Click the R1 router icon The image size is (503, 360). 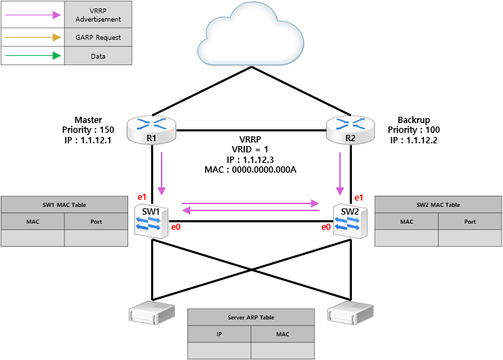pyautogui.click(x=151, y=130)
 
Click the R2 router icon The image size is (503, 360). pyautogui.click(x=350, y=130)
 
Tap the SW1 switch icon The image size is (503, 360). pyautogui.click(x=151, y=222)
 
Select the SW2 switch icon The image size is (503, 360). pyautogui.click(x=350, y=222)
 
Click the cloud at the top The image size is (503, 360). pyautogui.click(x=250, y=36)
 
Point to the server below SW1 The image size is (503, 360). pyautogui.click(x=152, y=312)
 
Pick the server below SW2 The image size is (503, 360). pyautogui.click(x=350, y=312)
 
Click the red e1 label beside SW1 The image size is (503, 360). pyautogui.click(x=142, y=197)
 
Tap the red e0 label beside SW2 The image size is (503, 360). pyautogui.click(x=326, y=227)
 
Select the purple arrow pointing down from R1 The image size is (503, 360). pyautogui.click(x=162, y=173)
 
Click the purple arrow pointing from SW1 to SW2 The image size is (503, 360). pyautogui.click(x=250, y=203)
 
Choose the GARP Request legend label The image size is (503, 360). pyautogui.click(x=98, y=38)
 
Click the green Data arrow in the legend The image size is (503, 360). pyautogui.click(x=33, y=56)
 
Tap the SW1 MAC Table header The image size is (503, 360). pyautogui.click(x=64, y=205)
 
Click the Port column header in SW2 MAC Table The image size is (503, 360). pyautogui.click(x=470, y=222)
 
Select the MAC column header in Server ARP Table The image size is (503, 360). pyautogui.click(x=283, y=334)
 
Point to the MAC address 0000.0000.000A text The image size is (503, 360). pyautogui.click(x=264, y=170)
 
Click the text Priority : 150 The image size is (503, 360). pyautogui.click(x=88, y=130)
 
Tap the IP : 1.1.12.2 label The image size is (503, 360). pyautogui.click(x=414, y=140)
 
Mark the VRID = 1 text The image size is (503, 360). pyautogui.click(x=250, y=150)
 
